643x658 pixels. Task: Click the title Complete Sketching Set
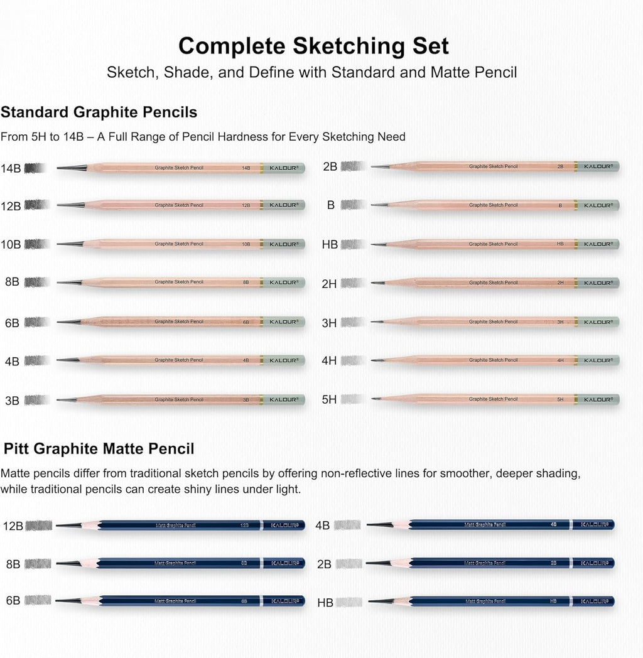313,46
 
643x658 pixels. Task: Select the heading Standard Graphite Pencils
99,112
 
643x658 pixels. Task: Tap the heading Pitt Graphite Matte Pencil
99,449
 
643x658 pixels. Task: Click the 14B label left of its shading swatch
11,168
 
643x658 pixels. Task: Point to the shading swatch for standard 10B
36,244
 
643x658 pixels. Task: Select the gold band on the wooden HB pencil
575,244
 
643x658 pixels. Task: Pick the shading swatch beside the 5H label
352,399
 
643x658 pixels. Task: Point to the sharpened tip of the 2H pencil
378,283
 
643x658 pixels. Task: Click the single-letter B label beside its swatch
331,205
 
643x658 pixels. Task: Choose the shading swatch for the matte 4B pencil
347,525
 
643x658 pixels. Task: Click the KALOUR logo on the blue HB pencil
593,601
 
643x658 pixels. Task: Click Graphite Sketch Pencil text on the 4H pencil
494,360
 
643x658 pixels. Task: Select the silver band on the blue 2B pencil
571,563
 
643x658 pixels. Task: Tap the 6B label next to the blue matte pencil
13,601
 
